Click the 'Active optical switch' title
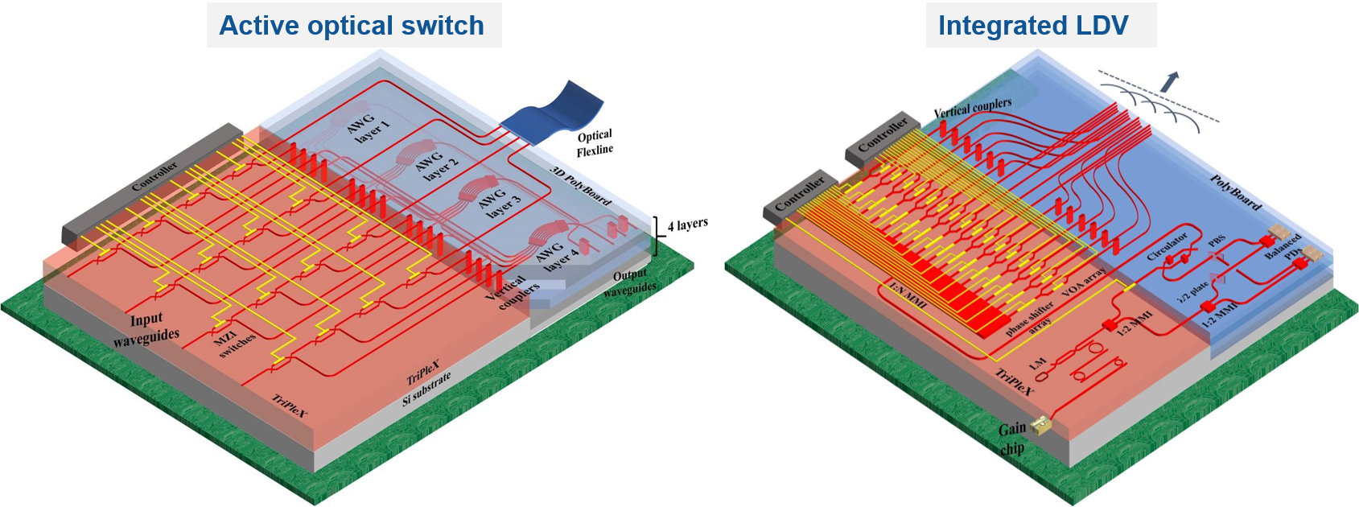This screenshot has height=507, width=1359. tap(352, 26)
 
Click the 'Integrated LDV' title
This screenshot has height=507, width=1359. tap(1033, 26)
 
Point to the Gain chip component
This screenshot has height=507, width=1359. tap(1040, 424)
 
